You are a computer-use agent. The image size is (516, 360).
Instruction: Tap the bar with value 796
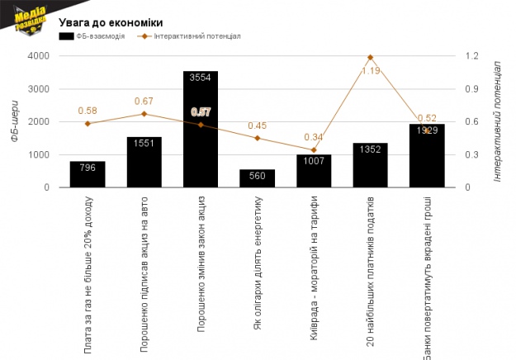coord(87,174)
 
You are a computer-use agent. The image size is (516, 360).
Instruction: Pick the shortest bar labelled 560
coord(257,178)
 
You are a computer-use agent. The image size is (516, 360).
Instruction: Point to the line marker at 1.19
coord(370,57)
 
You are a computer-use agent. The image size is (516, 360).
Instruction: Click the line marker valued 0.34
coord(314,149)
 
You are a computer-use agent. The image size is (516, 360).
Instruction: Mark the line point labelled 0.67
coord(144,114)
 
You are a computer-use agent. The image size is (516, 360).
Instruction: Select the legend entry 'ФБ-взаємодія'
coord(92,37)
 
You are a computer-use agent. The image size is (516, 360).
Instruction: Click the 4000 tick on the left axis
coord(38,56)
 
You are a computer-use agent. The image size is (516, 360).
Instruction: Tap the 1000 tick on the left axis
coord(38,154)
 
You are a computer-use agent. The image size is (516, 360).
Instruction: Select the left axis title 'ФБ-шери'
coord(14,121)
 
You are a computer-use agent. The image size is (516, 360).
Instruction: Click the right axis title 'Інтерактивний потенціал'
coord(498,121)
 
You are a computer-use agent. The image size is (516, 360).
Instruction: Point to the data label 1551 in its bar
coord(144,142)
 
